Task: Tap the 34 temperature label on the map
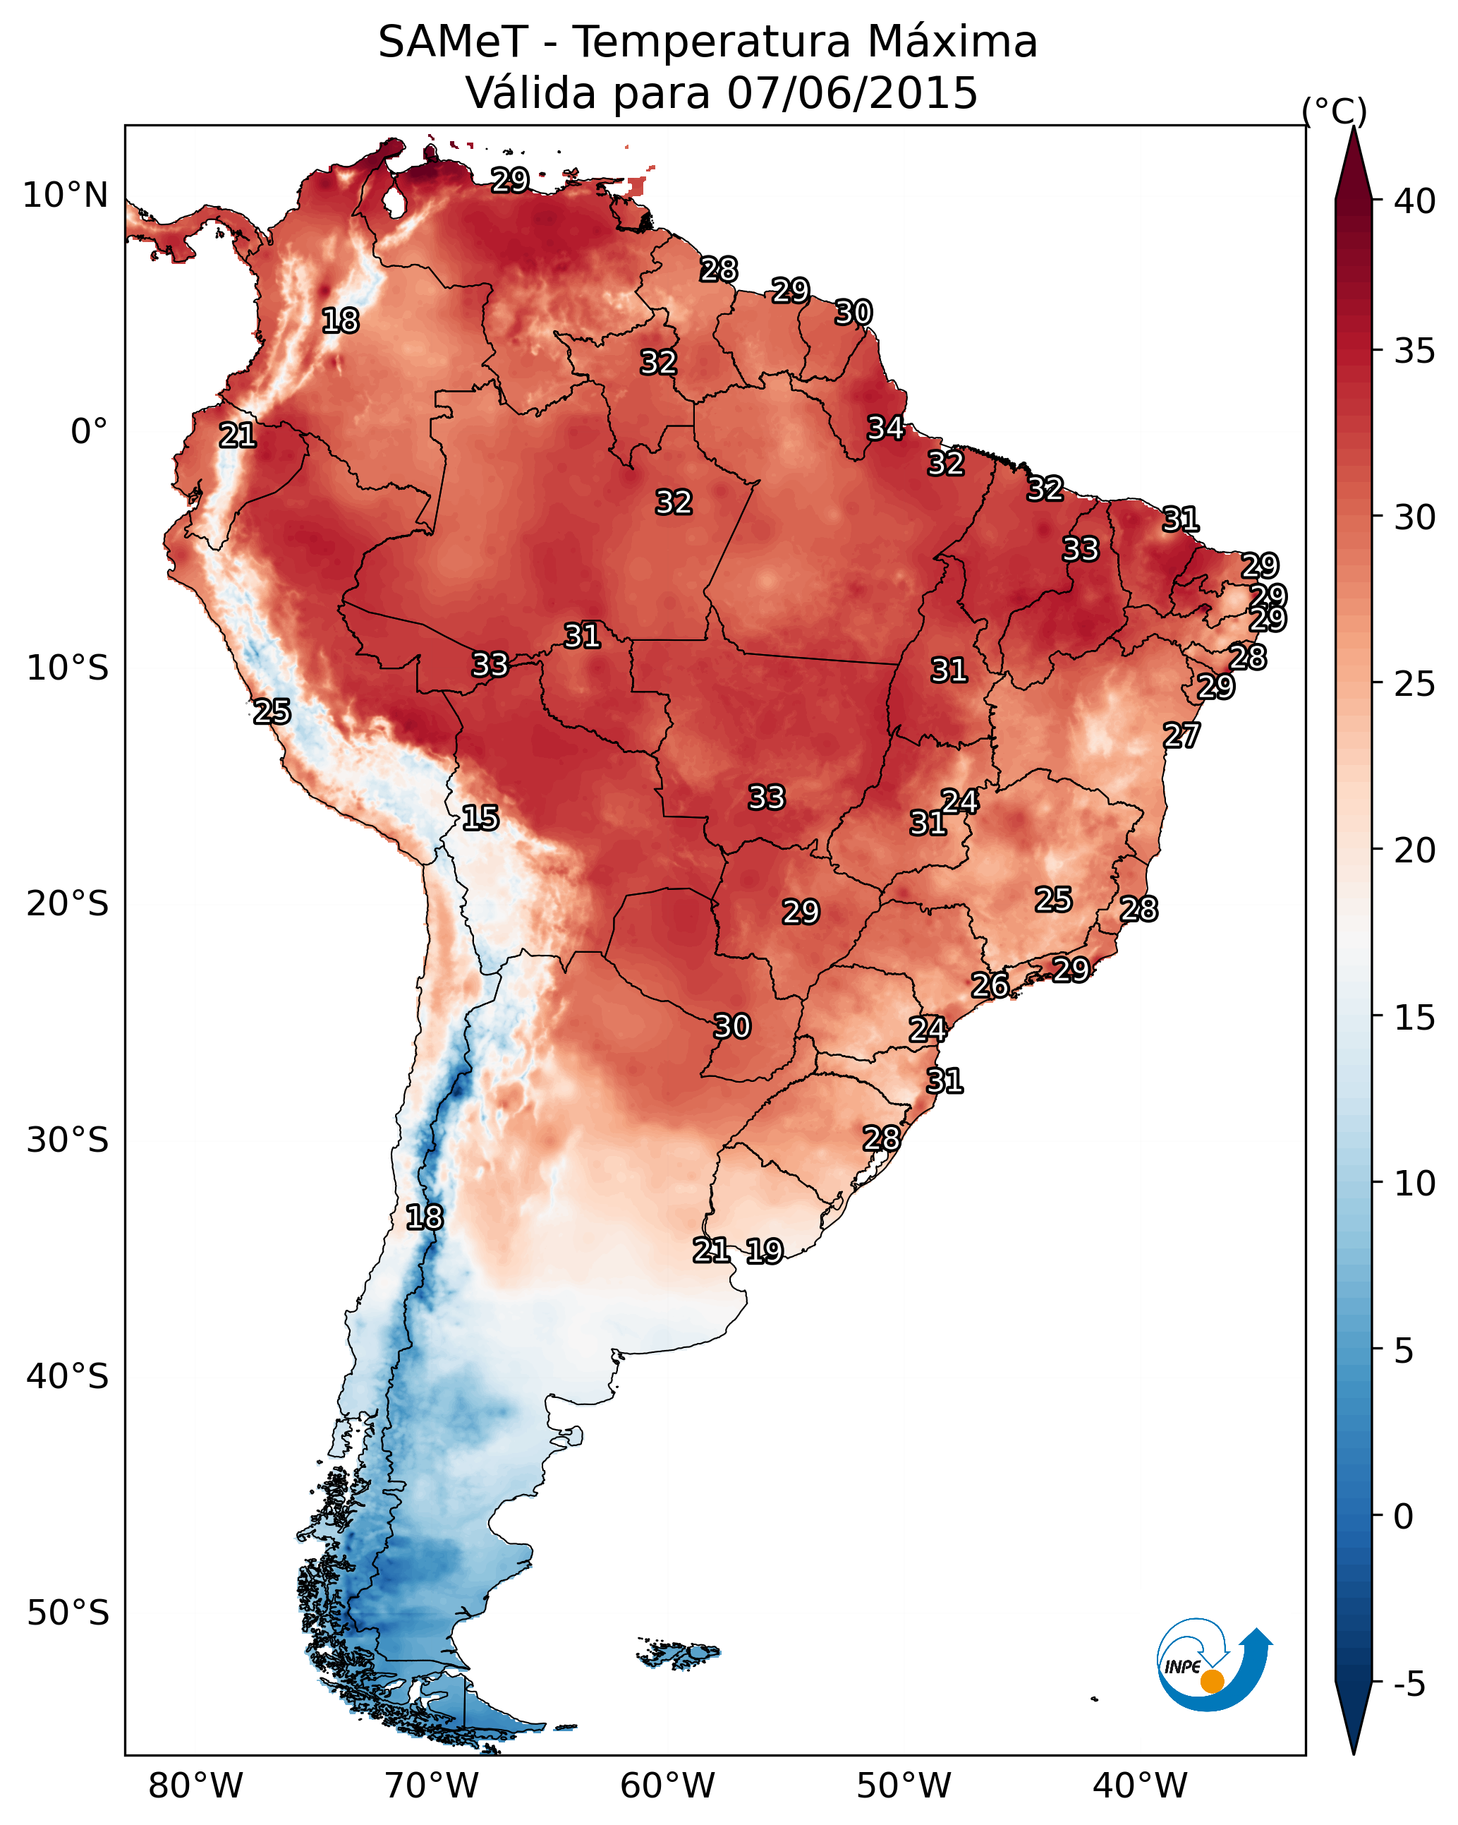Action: [886, 428]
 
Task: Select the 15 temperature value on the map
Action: [480, 818]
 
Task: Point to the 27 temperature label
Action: [1181, 735]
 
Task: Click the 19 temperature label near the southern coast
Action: [765, 1251]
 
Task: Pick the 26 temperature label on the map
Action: [990, 985]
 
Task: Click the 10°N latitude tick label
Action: [65, 195]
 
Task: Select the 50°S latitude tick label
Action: [68, 1613]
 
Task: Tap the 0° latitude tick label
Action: [90, 432]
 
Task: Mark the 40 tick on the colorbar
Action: [1415, 201]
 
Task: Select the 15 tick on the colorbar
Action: [1415, 1018]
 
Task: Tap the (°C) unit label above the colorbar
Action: [1335, 111]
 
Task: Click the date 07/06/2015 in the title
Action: [852, 93]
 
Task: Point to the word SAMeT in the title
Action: [454, 42]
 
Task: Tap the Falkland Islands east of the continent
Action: [679, 1651]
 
